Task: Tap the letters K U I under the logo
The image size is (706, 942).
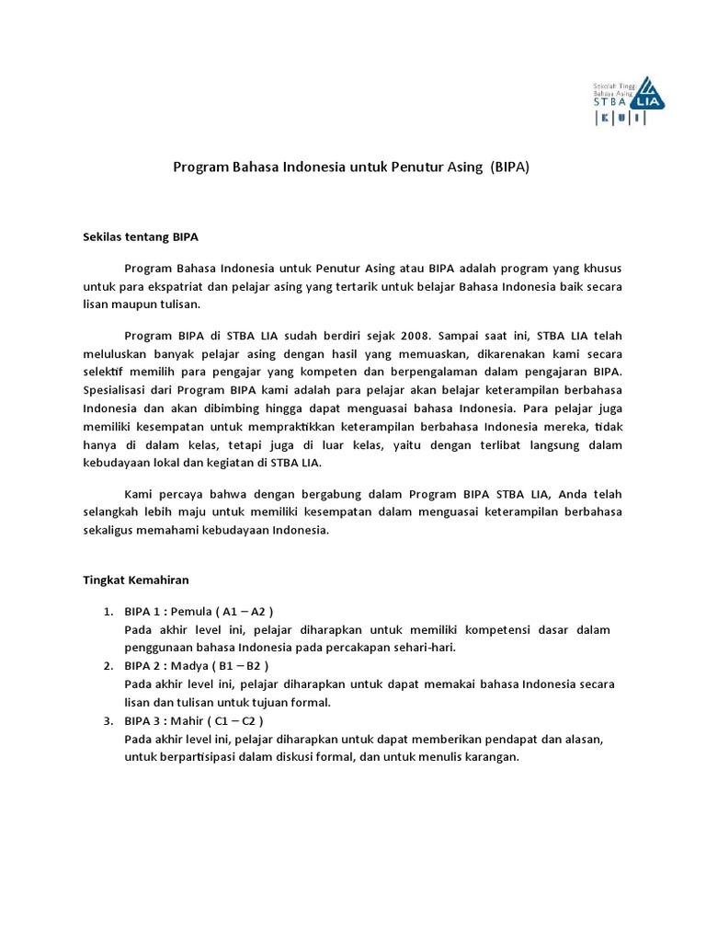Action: tap(620, 120)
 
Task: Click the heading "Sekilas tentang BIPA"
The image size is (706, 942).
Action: tap(141, 236)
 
